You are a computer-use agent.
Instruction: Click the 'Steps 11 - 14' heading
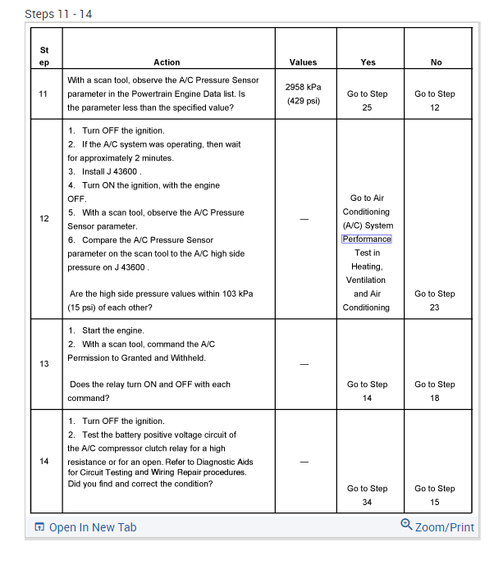point(59,15)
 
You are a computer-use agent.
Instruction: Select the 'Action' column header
point(167,62)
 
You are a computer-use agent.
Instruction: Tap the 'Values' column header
point(303,62)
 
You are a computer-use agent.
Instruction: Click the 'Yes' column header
point(367,62)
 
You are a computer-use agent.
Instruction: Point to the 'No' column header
point(435,62)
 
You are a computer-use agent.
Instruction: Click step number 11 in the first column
point(44,93)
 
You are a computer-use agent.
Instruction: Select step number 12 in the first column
point(44,219)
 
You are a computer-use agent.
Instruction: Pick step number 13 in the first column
point(44,364)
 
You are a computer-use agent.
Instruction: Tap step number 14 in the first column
point(44,461)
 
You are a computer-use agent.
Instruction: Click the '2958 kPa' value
point(303,87)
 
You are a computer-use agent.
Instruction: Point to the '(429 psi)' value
point(303,101)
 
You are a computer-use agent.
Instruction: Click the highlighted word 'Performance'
point(367,239)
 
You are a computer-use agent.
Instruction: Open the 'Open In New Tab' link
point(92,527)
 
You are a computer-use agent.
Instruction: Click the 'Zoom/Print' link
point(444,527)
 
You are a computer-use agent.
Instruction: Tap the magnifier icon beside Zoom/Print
point(406,526)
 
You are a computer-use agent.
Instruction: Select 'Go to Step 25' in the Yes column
point(367,100)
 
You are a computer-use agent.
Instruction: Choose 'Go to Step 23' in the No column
point(435,300)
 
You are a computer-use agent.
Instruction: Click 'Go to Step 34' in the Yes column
point(367,495)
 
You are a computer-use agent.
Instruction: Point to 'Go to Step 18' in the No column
point(435,391)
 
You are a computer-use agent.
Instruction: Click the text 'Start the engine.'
point(112,330)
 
